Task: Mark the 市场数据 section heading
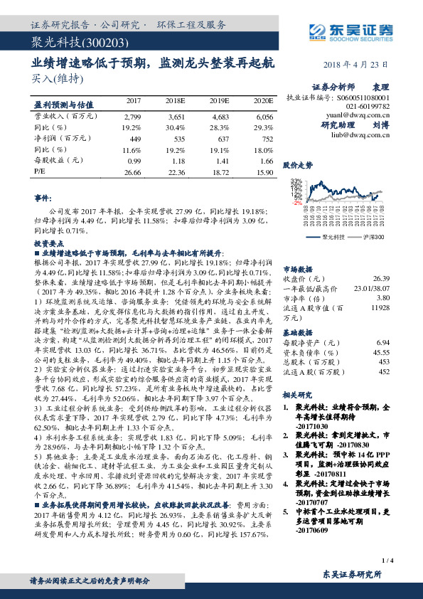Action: [299, 269]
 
